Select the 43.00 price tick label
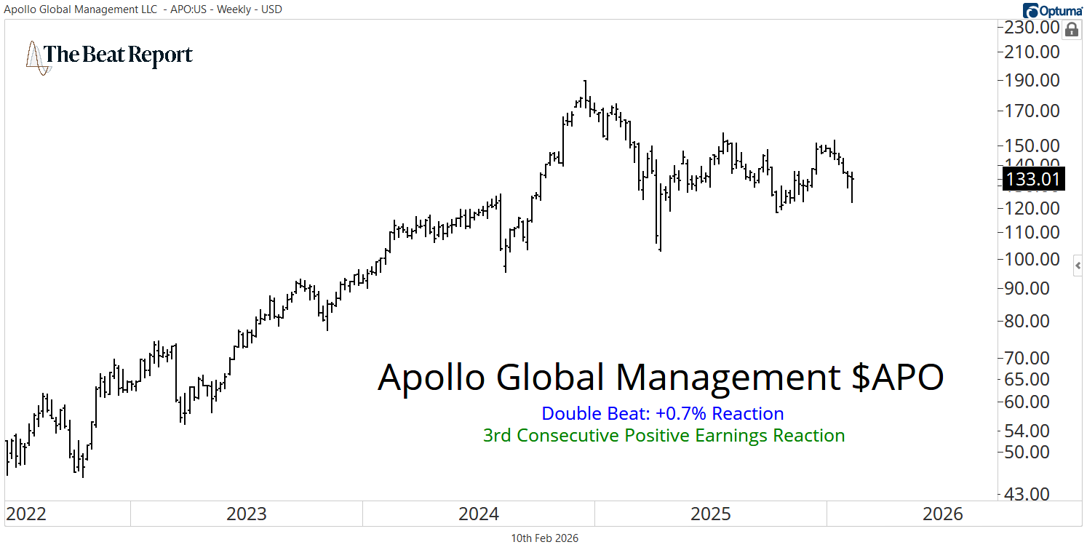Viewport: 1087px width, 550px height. (x=1038, y=494)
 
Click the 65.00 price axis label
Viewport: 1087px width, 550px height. (x=1038, y=379)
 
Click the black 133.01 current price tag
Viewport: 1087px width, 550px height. (x=1034, y=179)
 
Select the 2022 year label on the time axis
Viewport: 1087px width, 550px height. (x=26, y=514)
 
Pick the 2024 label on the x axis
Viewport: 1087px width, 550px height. (x=479, y=514)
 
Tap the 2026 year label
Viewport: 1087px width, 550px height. (x=942, y=514)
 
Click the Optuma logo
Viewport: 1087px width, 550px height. (x=1053, y=10)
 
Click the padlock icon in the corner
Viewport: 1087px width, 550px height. (x=1071, y=30)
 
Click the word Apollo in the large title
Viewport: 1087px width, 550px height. (x=431, y=378)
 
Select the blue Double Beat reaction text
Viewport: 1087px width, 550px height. (x=663, y=414)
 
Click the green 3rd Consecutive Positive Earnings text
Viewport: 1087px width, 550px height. (x=664, y=436)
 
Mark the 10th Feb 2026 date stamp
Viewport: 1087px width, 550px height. (x=545, y=538)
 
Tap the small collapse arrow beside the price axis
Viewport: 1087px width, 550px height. (x=1079, y=266)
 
